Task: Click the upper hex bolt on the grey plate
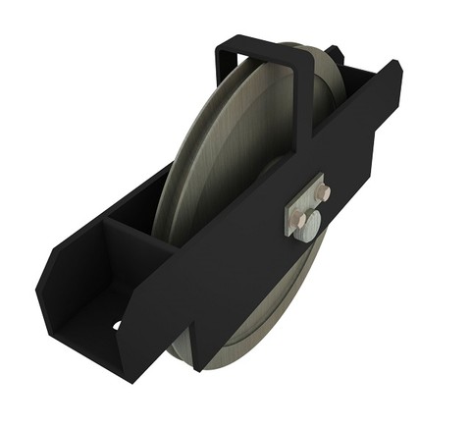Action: (x=322, y=190)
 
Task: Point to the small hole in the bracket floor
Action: (x=117, y=325)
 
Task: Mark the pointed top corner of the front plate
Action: (x=396, y=67)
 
